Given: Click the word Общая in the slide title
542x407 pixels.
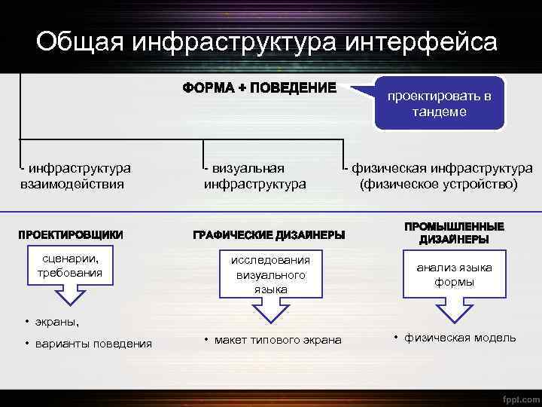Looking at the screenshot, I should [79, 42].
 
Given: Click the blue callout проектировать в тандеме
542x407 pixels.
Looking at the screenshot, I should [439, 104].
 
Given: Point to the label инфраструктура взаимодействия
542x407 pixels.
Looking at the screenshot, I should [75, 176].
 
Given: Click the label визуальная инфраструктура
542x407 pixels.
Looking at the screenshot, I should [254, 176].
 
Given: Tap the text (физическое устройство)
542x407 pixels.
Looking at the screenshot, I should [439, 183].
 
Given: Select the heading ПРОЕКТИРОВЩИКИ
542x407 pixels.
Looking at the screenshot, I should [71, 234].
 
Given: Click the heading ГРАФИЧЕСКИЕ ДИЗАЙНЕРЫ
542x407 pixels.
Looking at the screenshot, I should [269, 235].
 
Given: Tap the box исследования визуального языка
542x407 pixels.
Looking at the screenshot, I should [269, 274].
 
